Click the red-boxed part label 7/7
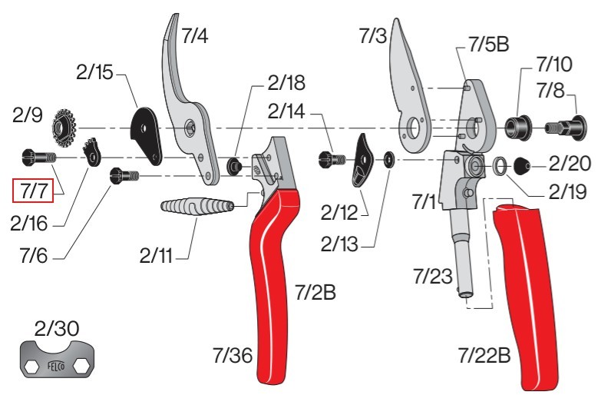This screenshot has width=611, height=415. point(33,191)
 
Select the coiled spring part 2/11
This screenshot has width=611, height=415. point(197,205)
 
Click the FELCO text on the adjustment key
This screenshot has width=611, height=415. point(57,367)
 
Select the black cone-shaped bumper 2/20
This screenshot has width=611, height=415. point(522,166)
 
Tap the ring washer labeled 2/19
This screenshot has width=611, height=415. point(500,166)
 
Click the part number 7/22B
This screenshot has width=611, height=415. point(484,356)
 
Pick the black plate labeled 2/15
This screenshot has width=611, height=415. point(145,134)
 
